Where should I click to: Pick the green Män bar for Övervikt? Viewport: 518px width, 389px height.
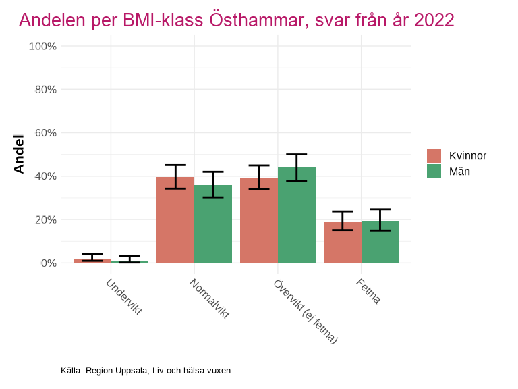point(297,215)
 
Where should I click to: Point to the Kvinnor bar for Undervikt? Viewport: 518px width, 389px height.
point(92,261)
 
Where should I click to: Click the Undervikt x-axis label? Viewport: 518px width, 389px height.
point(124,296)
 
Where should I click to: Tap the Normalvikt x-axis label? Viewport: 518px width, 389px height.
point(210,299)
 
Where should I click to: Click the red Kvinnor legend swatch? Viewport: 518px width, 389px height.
point(434,156)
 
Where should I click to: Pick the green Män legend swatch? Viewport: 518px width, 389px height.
point(434,172)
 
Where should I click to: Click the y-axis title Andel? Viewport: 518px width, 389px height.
point(20,154)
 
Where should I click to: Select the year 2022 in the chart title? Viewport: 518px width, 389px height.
point(434,20)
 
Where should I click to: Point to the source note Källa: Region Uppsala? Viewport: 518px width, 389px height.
point(146,371)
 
